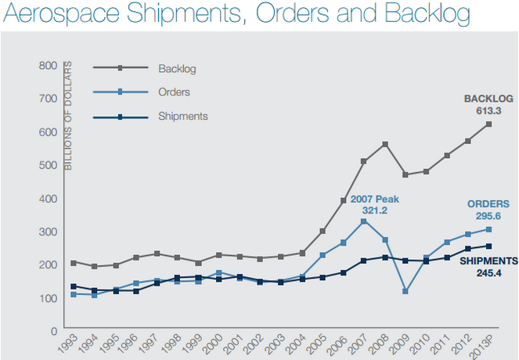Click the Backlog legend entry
176,68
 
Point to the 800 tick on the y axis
47,65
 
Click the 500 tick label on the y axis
47,165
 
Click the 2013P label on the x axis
484,346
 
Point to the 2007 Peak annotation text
375,199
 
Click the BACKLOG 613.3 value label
488,104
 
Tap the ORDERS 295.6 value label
488,209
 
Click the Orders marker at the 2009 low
405,291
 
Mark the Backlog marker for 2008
385,144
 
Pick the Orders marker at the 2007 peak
364,221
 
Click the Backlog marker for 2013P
488,124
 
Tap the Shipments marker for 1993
74,286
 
